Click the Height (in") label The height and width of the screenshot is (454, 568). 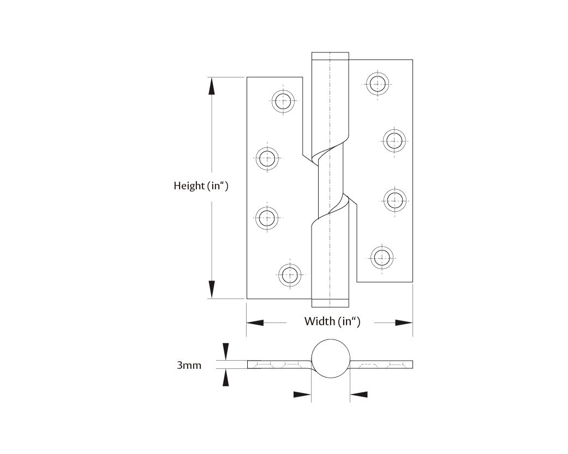(200, 186)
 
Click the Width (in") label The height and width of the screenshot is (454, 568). (332, 321)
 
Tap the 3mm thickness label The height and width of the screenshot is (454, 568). (189, 365)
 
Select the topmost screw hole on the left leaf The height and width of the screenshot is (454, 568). (283, 100)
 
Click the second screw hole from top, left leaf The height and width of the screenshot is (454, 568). (267, 159)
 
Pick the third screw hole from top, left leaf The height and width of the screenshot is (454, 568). (267, 217)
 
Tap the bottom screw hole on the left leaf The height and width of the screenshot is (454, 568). (290, 274)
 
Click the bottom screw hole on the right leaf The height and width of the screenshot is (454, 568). (380, 256)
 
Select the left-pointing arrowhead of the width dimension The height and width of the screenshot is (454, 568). (255, 322)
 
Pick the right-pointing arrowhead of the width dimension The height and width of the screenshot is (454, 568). (404, 322)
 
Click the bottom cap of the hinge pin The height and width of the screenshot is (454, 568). (330, 303)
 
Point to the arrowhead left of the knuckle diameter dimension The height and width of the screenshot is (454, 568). (302, 394)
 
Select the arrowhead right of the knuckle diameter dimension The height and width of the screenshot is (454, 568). (358, 394)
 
